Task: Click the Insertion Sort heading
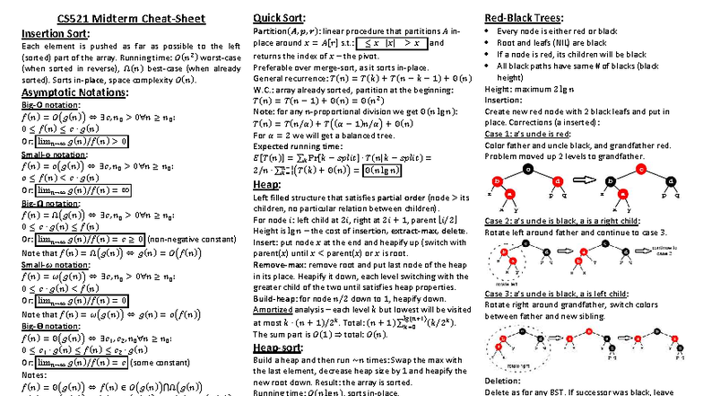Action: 55,33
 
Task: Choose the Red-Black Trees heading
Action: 524,18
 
